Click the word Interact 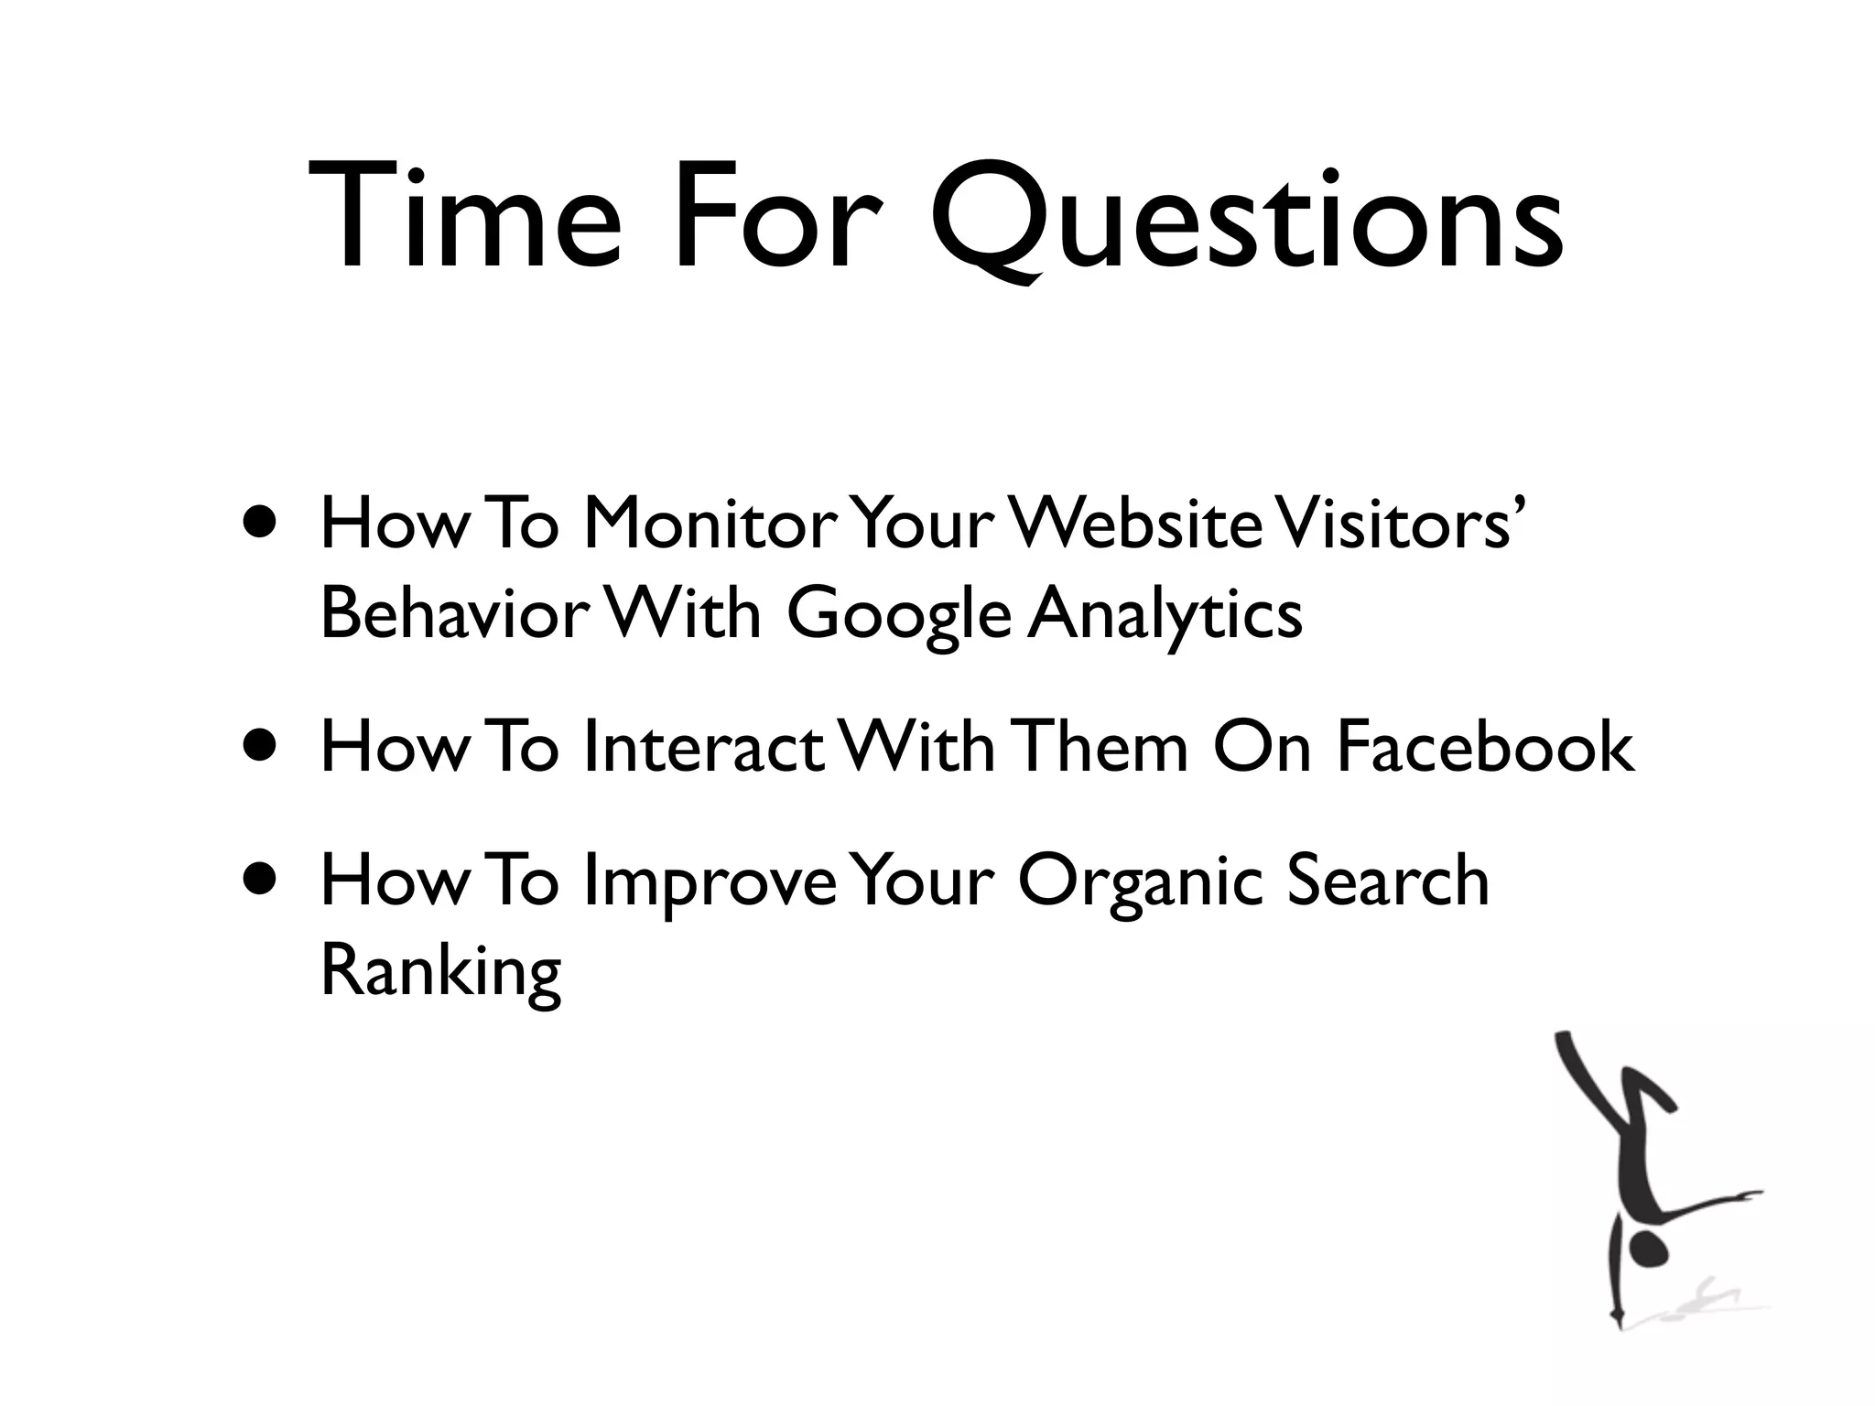click(702, 746)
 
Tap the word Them click(1102, 746)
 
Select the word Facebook click(1484, 746)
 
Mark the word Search click(1388, 880)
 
